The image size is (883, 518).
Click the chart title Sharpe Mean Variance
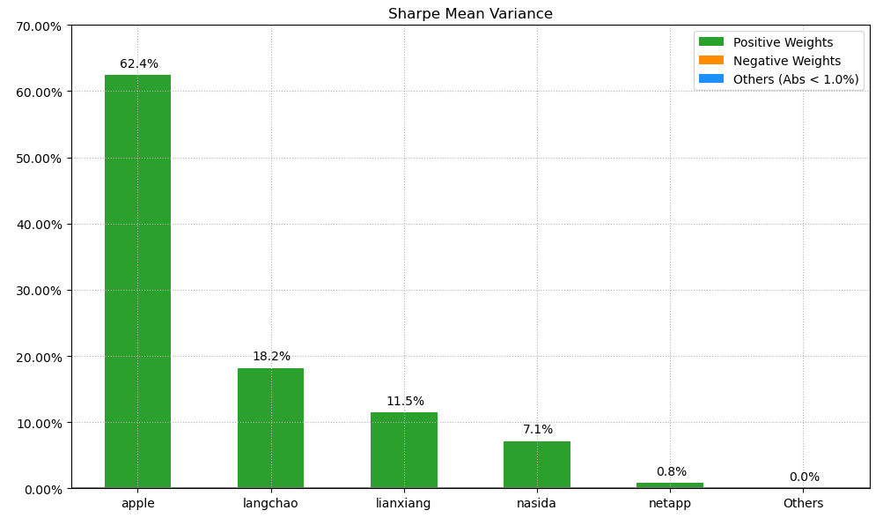pos(470,14)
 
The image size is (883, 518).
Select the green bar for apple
pos(137,282)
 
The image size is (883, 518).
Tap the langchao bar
pos(270,428)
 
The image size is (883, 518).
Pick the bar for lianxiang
pos(403,450)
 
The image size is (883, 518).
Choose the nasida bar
pos(536,465)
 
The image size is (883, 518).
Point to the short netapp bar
pos(669,485)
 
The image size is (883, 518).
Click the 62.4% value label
pos(139,64)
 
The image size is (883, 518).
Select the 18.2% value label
pos(271,357)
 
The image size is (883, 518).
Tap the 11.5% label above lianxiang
pos(405,402)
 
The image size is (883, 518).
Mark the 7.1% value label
pos(538,430)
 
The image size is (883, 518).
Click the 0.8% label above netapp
pos(671,472)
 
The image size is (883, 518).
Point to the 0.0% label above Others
pos(804,477)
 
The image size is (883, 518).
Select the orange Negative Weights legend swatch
pos(710,61)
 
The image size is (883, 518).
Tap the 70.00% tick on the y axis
pos(39,26)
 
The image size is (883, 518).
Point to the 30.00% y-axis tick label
pos(39,291)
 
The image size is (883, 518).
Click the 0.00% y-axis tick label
pos(42,489)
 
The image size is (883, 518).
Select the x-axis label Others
pos(803,504)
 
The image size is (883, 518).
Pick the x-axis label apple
pos(137,504)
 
